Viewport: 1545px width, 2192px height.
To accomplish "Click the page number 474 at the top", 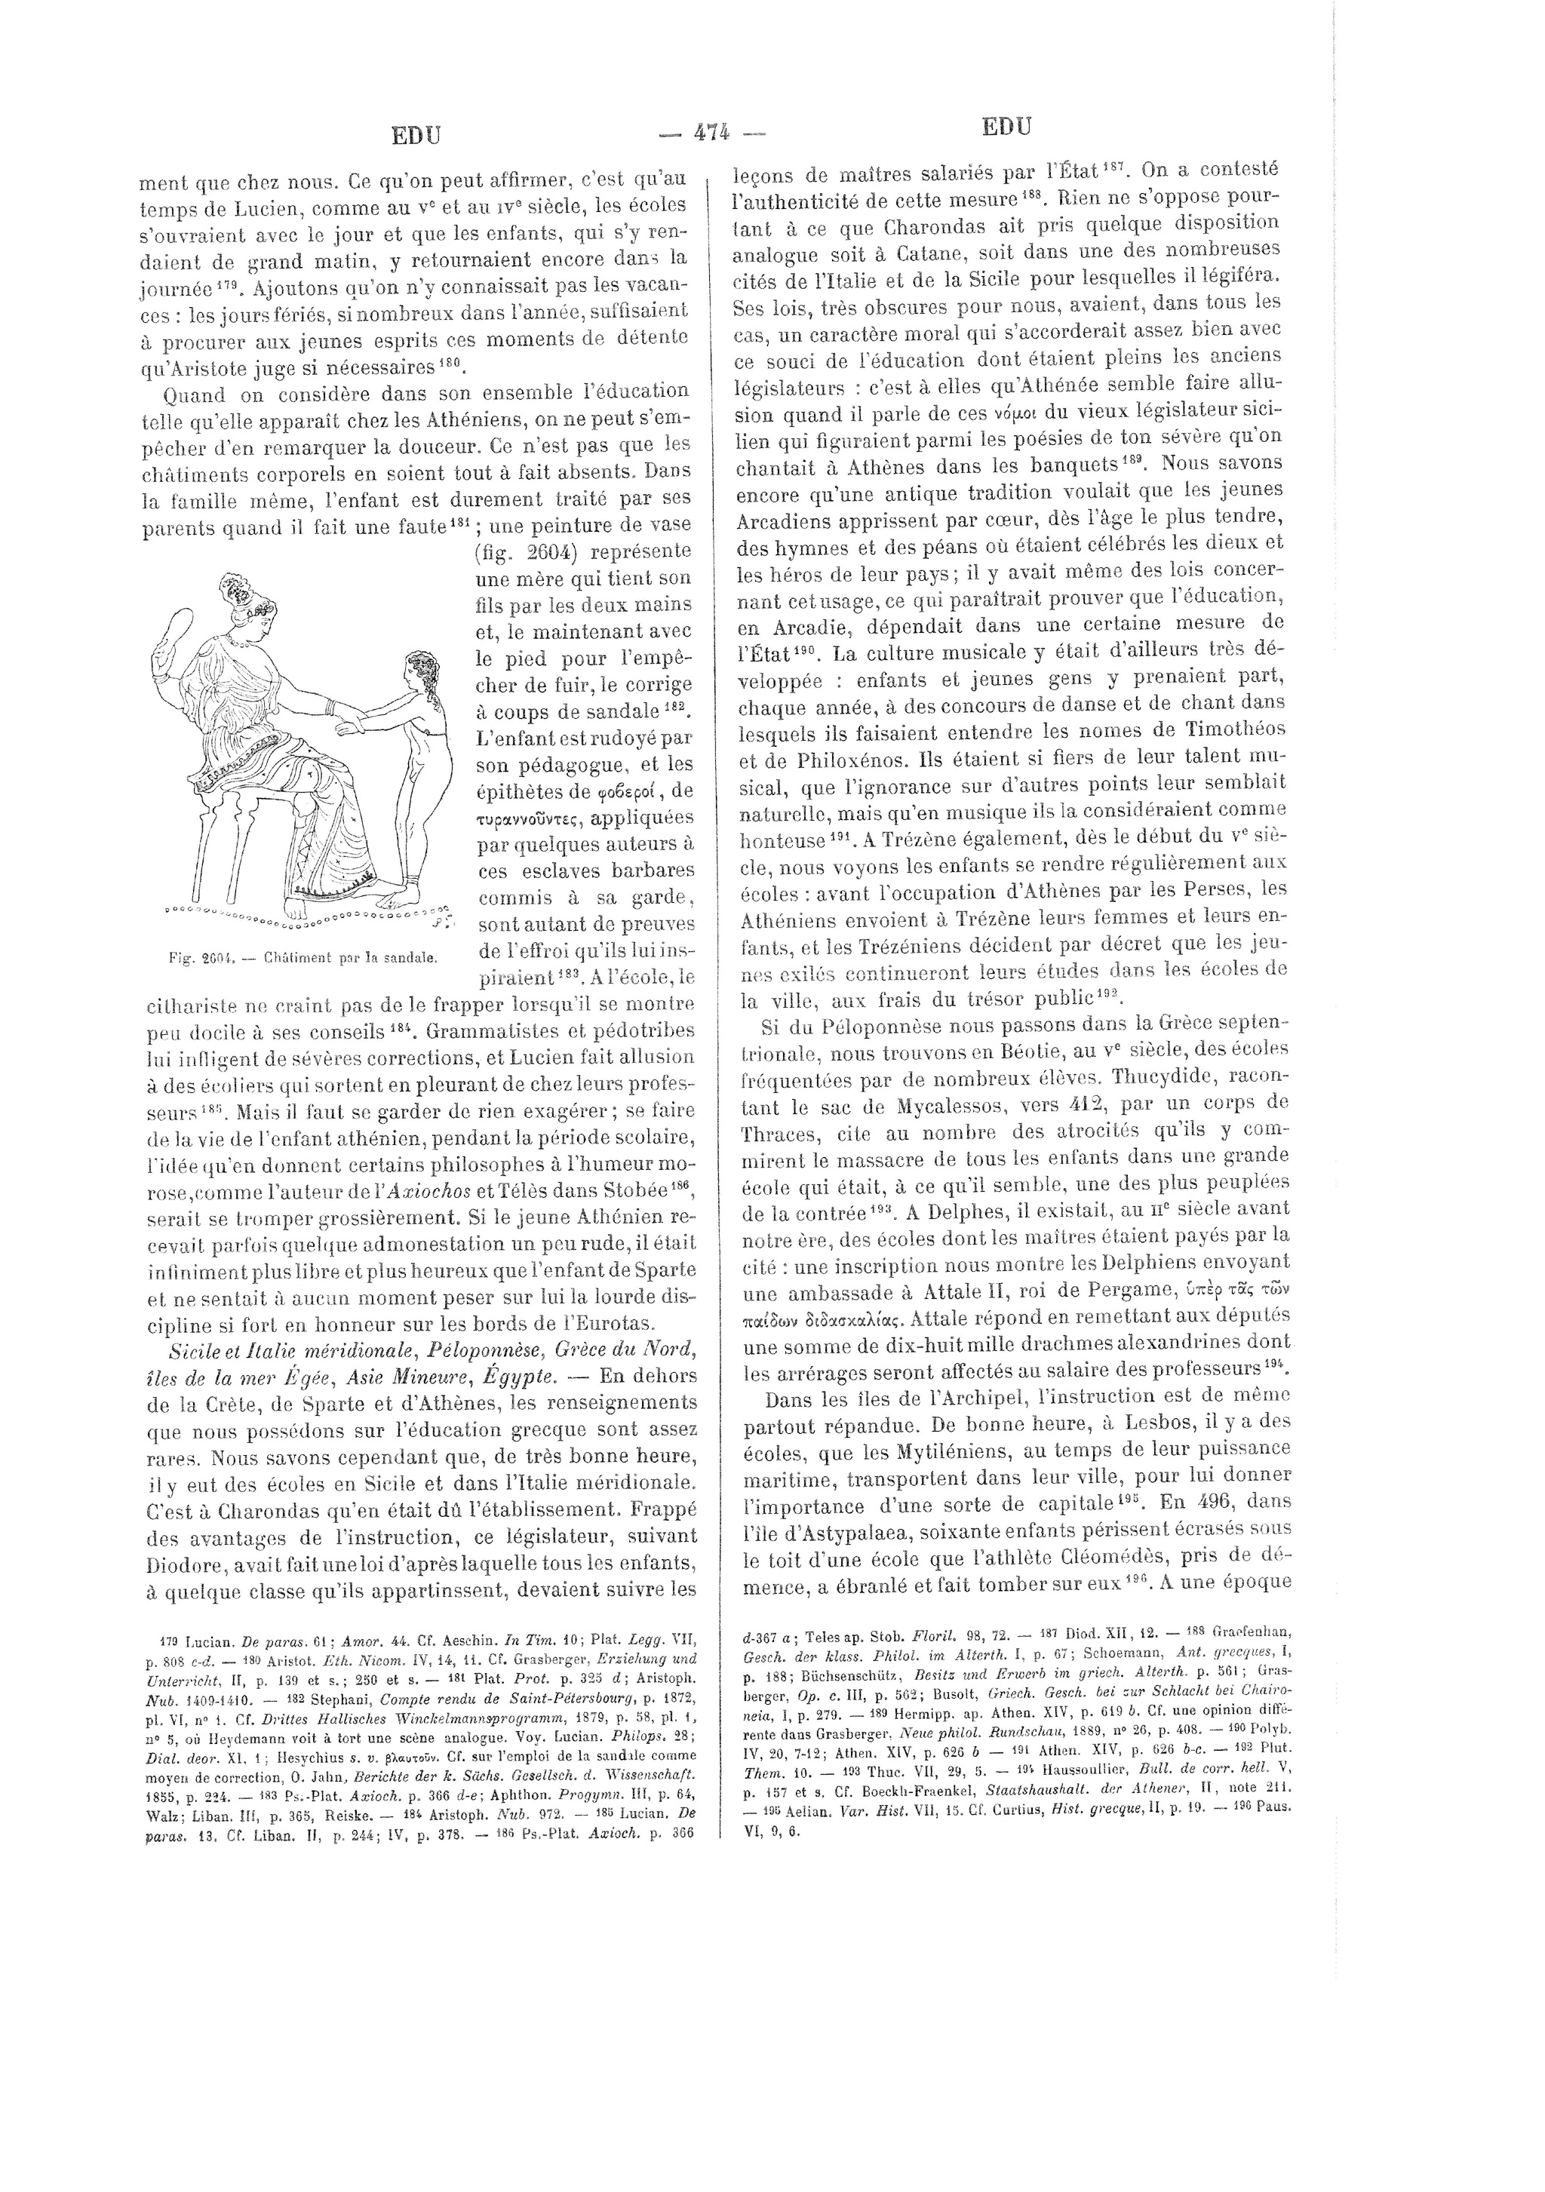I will pos(711,133).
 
